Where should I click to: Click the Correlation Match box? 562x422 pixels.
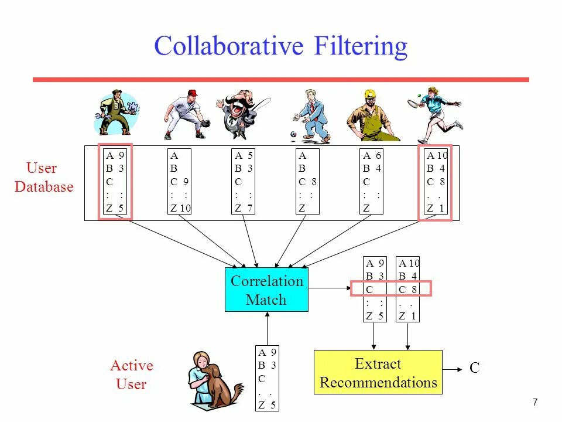[266, 290]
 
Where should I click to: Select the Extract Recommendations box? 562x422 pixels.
[378, 373]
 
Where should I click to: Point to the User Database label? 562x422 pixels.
[44, 178]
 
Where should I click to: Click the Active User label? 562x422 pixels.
[131, 375]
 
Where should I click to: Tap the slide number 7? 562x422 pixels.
[535, 402]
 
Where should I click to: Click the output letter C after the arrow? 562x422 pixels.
[474, 368]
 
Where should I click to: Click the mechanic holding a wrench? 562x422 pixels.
[117, 113]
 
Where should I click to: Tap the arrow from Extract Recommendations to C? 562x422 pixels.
[452, 369]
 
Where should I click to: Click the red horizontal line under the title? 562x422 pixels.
[280, 80]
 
